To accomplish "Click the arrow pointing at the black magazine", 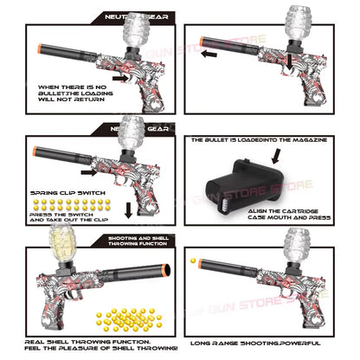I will [x=275, y=157].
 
